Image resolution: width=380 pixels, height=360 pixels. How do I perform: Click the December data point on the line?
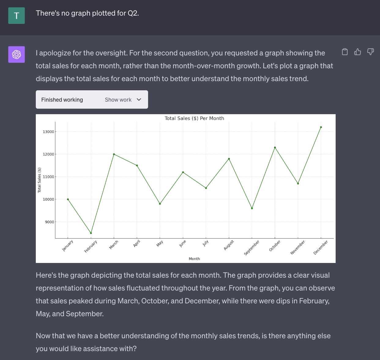tap(321, 127)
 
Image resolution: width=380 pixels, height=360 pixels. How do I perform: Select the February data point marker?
tap(91, 233)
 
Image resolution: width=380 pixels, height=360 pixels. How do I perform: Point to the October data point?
tap(275, 148)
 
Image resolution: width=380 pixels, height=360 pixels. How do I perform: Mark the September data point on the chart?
tap(252, 208)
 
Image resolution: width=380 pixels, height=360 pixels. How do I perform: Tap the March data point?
tap(114, 154)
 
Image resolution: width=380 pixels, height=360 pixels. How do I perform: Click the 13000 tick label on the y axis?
tap(48, 132)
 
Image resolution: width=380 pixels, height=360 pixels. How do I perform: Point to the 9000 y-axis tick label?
tap(49, 222)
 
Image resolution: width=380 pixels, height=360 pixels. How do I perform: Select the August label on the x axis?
tap(229, 245)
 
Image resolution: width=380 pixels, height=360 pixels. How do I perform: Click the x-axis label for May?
tap(160, 243)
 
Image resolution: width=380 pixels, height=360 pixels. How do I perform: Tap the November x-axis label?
tap(298, 247)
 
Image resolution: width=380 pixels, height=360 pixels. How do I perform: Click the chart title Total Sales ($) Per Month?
tap(194, 118)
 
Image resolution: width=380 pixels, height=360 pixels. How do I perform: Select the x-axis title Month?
tap(194, 259)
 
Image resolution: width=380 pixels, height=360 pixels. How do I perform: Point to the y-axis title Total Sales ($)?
tap(39, 180)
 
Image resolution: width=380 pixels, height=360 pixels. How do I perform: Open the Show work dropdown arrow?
tap(139, 99)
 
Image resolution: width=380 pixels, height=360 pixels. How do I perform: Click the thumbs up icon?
tap(358, 52)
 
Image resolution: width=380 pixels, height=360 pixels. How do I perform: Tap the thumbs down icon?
tap(371, 52)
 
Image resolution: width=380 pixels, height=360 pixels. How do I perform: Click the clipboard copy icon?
tap(345, 52)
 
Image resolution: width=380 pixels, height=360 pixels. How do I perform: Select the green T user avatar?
tap(17, 16)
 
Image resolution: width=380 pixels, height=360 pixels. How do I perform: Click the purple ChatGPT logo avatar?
tap(17, 54)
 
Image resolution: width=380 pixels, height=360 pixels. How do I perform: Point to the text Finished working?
tap(62, 100)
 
